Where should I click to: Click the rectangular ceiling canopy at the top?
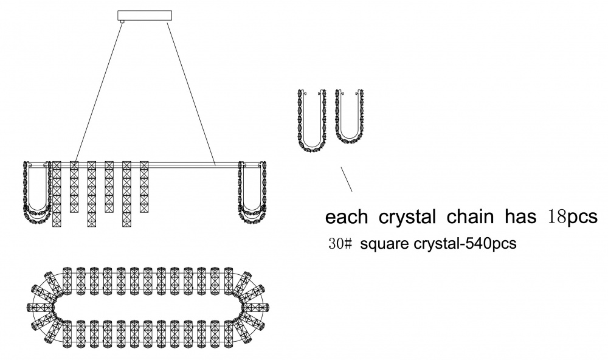coord(144,16)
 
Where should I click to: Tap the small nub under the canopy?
coord(122,22)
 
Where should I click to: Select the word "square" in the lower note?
coord(381,244)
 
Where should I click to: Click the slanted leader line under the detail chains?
coord(347,179)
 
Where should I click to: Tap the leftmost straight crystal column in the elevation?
coord(57,195)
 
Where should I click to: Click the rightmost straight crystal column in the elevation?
coord(144,186)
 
